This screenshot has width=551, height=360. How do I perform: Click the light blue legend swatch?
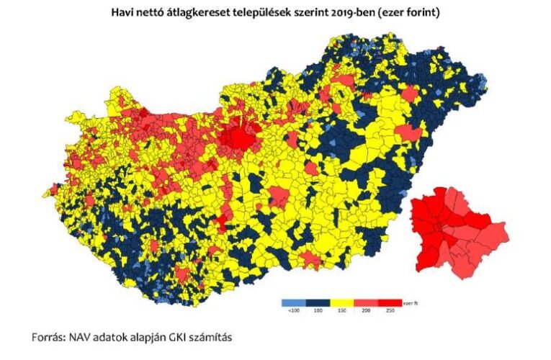pyautogui.click(x=292, y=302)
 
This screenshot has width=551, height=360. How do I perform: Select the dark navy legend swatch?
pyautogui.click(x=317, y=302)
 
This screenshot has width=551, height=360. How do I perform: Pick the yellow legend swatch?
pyautogui.click(x=341, y=302)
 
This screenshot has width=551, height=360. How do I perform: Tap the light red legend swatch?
pyautogui.click(x=365, y=302)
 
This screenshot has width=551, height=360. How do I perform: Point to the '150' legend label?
pyautogui.click(x=341, y=311)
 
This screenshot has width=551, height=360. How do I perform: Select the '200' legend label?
pyautogui.click(x=365, y=311)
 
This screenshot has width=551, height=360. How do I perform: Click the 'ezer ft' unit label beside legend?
pyautogui.click(x=411, y=303)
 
